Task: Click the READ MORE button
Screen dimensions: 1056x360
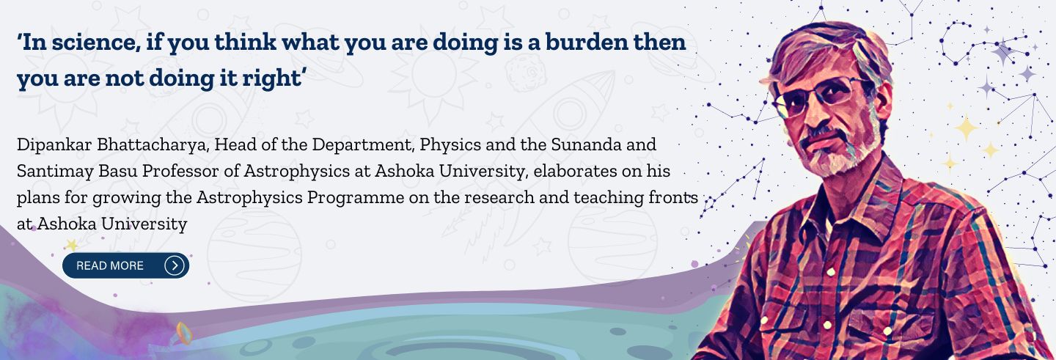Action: [126, 265]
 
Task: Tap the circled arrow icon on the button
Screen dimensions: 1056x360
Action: [174, 265]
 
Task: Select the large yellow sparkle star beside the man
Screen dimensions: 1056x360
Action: [966, 128]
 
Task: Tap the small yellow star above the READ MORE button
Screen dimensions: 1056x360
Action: [72, 245]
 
